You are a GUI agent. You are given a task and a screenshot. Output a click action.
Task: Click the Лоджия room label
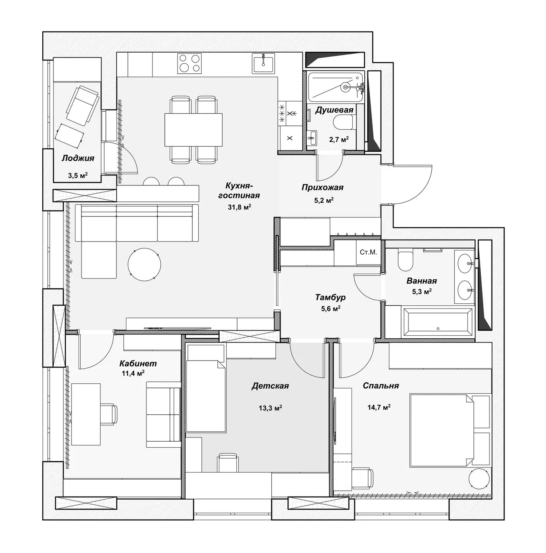point(78,158)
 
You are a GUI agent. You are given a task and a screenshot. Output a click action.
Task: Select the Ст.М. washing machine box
point(368,252)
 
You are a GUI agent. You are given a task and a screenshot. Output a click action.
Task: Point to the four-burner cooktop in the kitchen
point(189,63)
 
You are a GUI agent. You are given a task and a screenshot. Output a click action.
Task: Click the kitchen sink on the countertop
point(264,63)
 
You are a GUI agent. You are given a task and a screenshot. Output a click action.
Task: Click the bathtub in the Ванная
point(438,322)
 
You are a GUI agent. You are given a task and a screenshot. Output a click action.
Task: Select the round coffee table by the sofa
point(144,265)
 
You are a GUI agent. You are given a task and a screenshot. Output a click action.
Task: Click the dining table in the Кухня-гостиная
point(194,130)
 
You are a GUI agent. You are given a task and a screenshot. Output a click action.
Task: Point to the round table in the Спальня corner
point(479,478)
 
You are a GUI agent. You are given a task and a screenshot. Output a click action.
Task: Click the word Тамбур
point(330,297)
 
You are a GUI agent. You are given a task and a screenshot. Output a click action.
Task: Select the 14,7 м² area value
point(379,407)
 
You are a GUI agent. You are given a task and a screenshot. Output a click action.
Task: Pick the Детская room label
point(270,386)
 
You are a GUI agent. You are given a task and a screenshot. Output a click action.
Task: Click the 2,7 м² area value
point(339,139)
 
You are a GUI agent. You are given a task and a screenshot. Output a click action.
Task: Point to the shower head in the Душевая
point(345,87)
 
